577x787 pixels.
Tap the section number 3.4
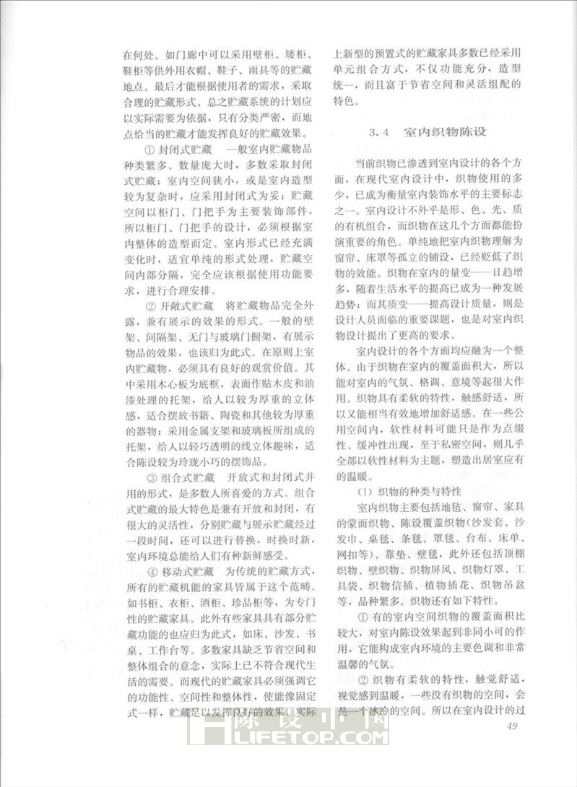(378, 133)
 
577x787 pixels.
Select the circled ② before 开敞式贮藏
(149, 306)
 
